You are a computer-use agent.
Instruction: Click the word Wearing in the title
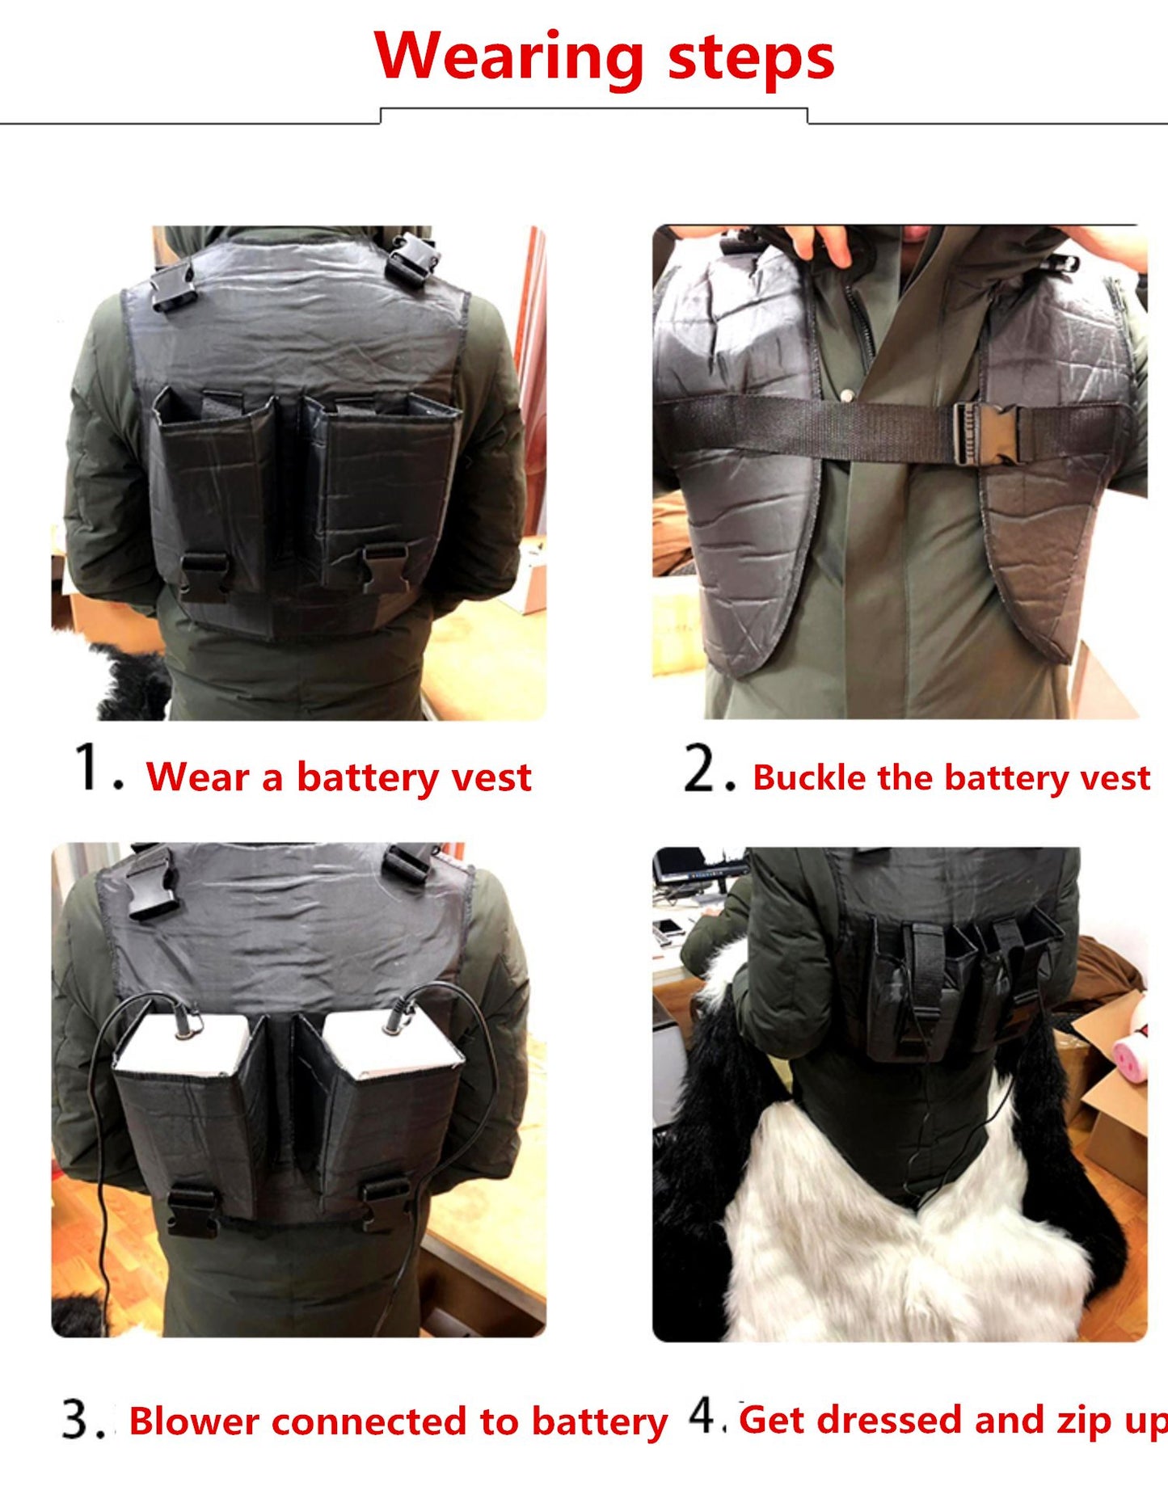tap(509, 57)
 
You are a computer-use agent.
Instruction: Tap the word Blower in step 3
tap(194, 1421)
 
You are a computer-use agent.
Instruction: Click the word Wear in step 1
tap(198, 777)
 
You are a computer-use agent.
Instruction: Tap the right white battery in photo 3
tap(392, 1042)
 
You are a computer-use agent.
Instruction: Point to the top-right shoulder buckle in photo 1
tap(412, 257)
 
